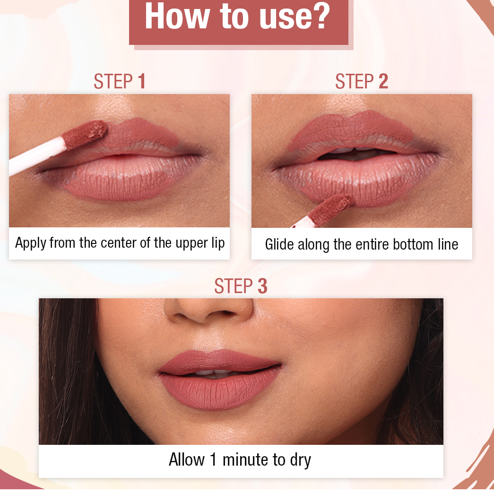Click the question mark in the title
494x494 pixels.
coord(320,16)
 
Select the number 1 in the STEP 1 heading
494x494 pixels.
coord(141,82)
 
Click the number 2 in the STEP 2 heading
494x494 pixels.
coord(383,82)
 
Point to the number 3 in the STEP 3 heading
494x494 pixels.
coord(262,286)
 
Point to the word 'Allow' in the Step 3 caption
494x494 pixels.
coord(187,459)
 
